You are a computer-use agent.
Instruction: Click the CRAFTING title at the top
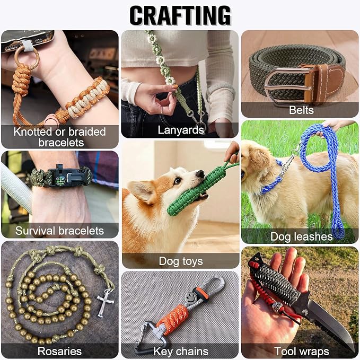pyautogui.click(x=180, y=15)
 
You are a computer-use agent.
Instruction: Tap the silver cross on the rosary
pyautogui.click(x=105, y=303)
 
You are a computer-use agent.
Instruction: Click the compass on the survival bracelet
pyautogui.click(x=59, y=180)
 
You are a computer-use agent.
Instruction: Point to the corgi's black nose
pyautogui.click(x=200, y=174)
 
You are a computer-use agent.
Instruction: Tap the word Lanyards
pyautogui.click(x=181, y=130)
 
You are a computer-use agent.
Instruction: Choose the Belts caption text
pyautogui.click(x=301, y=110)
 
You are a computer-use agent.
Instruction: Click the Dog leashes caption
pyautogui.click(x=301, y=236)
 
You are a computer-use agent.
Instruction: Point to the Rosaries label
pyautogui.click(x=59, y=352)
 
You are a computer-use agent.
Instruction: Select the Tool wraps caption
pyautogui.click(x=302, y=352)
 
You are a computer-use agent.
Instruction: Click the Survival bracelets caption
pyautogui.click(x=59, y=231)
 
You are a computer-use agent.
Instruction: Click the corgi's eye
pyautogui.click(x=177, y=181)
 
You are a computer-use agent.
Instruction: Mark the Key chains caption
pyautogui.click(x=181, y=352)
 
